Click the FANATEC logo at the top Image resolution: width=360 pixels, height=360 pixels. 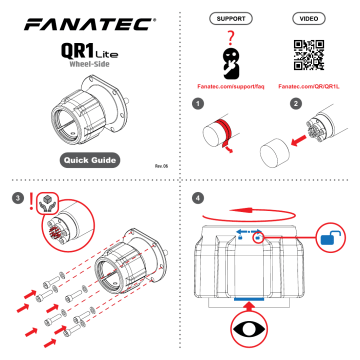click(x=89, y=20)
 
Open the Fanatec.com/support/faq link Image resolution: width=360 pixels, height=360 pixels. click(x=229, y=87)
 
